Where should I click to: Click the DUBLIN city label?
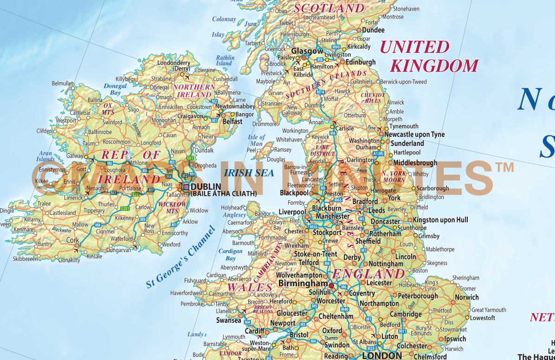pos(206,187)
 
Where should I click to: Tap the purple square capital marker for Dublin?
pos(186,187)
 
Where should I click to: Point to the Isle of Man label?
pos(256,140)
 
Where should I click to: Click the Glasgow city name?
pos(307,51)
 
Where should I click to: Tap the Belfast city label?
pos(232,122)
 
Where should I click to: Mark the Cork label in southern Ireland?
pos(73,240)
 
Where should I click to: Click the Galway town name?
pos(74,156)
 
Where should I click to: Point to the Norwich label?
pos(467,297)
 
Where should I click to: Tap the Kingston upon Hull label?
pos(440,220)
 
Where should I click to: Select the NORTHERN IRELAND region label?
pos(194,91)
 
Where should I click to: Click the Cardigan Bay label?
pos(231,255)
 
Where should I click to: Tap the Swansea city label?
pos(229,320)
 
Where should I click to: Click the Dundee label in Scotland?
pos(373,30)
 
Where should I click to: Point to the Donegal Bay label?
pos(115,90)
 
